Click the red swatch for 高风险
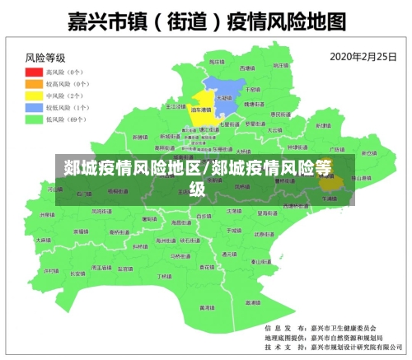tap(34, 72)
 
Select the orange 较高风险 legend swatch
tap(34, 84)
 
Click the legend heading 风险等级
tap(45, 58)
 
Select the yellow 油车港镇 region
tap(200, 111)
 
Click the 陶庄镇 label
tap(216, 63)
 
